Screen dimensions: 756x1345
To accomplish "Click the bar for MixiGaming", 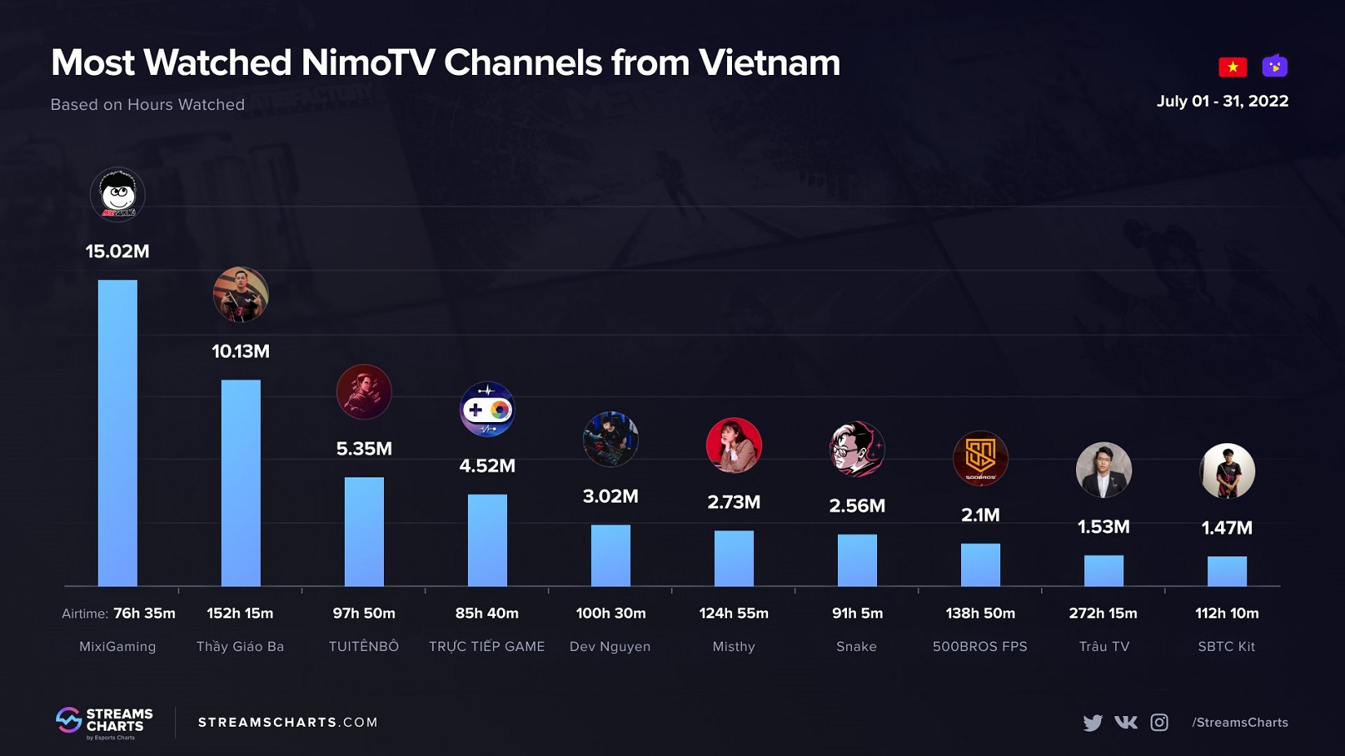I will click(117, 433).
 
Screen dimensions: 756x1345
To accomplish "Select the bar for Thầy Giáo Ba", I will click(240, 482).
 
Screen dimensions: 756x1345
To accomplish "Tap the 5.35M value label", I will click(364, 449).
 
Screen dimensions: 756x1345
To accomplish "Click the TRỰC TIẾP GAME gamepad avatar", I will click(487, 409).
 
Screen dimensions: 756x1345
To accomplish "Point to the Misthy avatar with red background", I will click(734, 446).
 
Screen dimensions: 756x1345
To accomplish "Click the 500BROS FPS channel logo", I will click(980, 458).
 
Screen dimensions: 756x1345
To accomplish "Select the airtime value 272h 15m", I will click(1103, 613).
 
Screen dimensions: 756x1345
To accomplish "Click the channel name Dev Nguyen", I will click(610, 647).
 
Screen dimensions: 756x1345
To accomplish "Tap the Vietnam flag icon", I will click(1233, 67).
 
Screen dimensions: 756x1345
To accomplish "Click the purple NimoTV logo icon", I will click(1275, 66).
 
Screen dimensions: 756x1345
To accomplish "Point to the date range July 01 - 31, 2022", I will click(1222, 101).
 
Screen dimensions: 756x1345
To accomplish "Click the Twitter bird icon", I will click(1092, 723).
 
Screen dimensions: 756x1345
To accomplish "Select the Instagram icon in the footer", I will click(1159, 723).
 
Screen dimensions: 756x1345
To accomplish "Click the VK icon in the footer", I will click(1126, 723).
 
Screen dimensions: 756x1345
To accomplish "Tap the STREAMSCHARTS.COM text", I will click(288, 723).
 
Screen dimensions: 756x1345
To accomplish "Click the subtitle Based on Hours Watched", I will click(148, 105).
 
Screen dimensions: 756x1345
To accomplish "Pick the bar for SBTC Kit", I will click(1227, 571).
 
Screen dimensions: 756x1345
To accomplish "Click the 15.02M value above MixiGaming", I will click(117, 252).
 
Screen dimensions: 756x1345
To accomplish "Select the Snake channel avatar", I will click(857, 449).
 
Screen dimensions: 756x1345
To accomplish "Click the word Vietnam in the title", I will click(769, 64).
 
